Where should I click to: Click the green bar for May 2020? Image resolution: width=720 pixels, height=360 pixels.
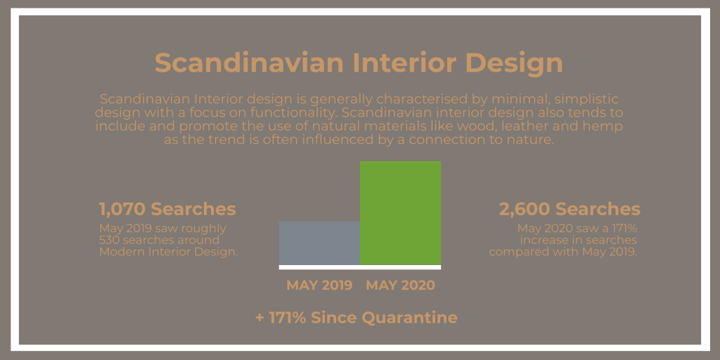[400, 213]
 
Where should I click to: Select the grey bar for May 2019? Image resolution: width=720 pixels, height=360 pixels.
[320, 243]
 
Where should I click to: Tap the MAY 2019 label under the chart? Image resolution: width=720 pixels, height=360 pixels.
[319, 285]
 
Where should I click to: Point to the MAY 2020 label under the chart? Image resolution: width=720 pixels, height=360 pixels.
[400, 285]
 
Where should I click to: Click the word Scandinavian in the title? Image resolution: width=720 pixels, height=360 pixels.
[249, 63]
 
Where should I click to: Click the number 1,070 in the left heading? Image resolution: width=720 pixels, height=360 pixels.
[122, 210]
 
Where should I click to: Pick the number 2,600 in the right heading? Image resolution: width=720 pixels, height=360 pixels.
[525, 210]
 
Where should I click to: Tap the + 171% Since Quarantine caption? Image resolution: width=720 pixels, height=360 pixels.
[356, 317]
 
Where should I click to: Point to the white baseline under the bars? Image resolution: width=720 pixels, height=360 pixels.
[360, 267]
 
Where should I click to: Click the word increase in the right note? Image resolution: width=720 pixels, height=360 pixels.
[542, 240]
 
